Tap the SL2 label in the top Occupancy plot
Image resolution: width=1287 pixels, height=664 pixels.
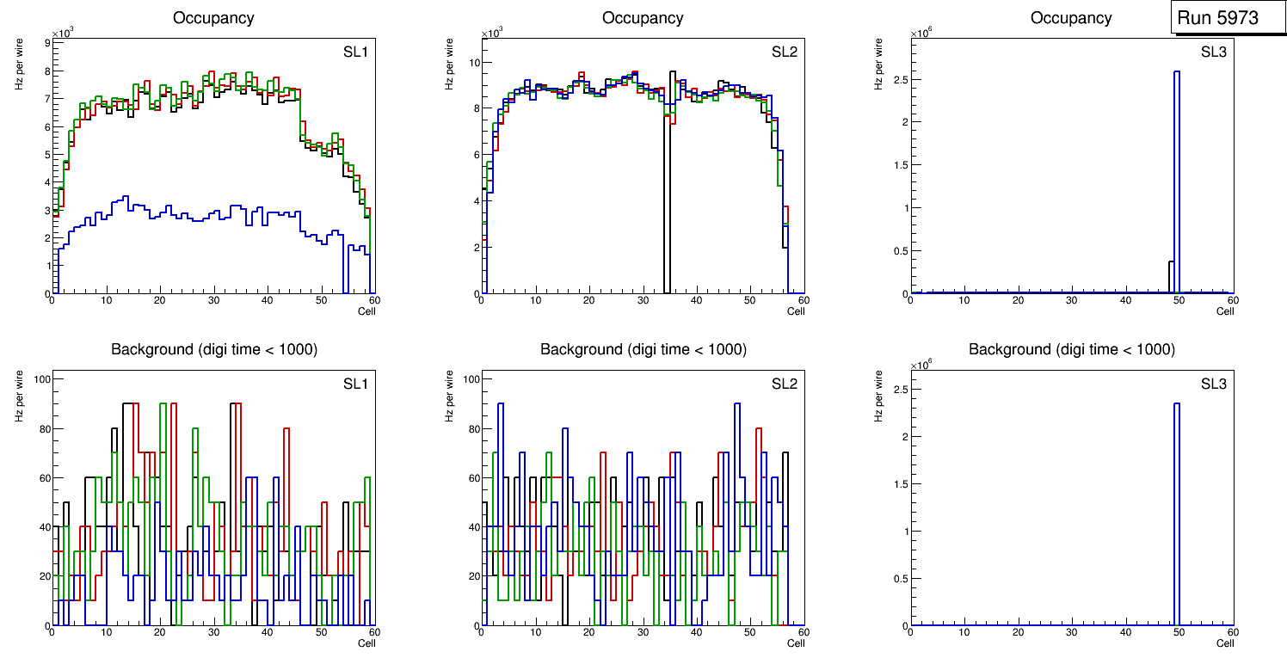tap(784, 52)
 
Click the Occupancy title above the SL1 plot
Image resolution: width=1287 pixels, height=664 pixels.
tap(213, 17)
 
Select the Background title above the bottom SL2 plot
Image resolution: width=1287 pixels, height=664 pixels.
tap(643, 349)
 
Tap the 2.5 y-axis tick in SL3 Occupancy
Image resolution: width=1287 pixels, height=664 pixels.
tap(896, 80)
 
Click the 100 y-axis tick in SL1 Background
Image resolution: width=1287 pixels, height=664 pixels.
tap(40, 379)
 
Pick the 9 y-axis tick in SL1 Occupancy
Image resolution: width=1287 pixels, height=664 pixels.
tap(45, 42)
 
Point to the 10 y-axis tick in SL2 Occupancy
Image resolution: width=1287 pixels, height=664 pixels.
tap(471, 63)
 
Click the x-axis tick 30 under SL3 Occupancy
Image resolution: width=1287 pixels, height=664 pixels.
tap(1072, 300)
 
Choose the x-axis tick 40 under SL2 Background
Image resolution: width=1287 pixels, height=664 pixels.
tap(697, 632)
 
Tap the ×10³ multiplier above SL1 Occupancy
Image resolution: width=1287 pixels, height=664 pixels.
tap(63, 33)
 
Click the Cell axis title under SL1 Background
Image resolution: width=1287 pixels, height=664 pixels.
tap(366, 642)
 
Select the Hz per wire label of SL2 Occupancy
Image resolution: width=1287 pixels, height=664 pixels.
tap(448, 65)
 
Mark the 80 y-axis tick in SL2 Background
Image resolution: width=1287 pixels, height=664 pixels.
tap(469, 428)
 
